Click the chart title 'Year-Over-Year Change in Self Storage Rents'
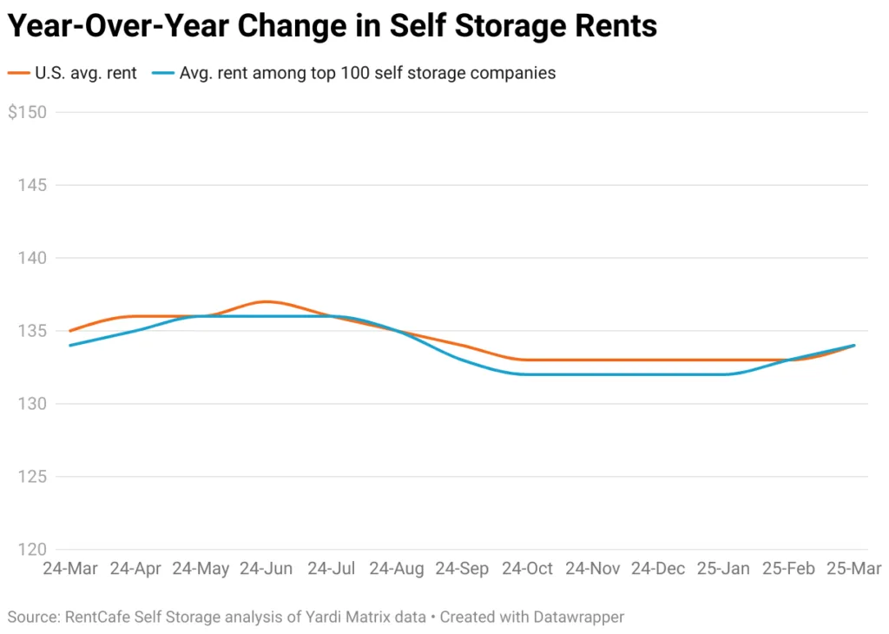[x=332, y=27]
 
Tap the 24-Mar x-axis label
[x=70, y=569]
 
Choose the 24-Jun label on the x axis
[x=266, y=569]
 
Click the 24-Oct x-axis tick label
[x=527, y=569]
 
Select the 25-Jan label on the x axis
[x=723, y=569]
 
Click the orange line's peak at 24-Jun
[x=266, y=301]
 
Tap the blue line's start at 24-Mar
[x=70, y=345]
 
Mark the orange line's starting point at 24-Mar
[x=70, y=331]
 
